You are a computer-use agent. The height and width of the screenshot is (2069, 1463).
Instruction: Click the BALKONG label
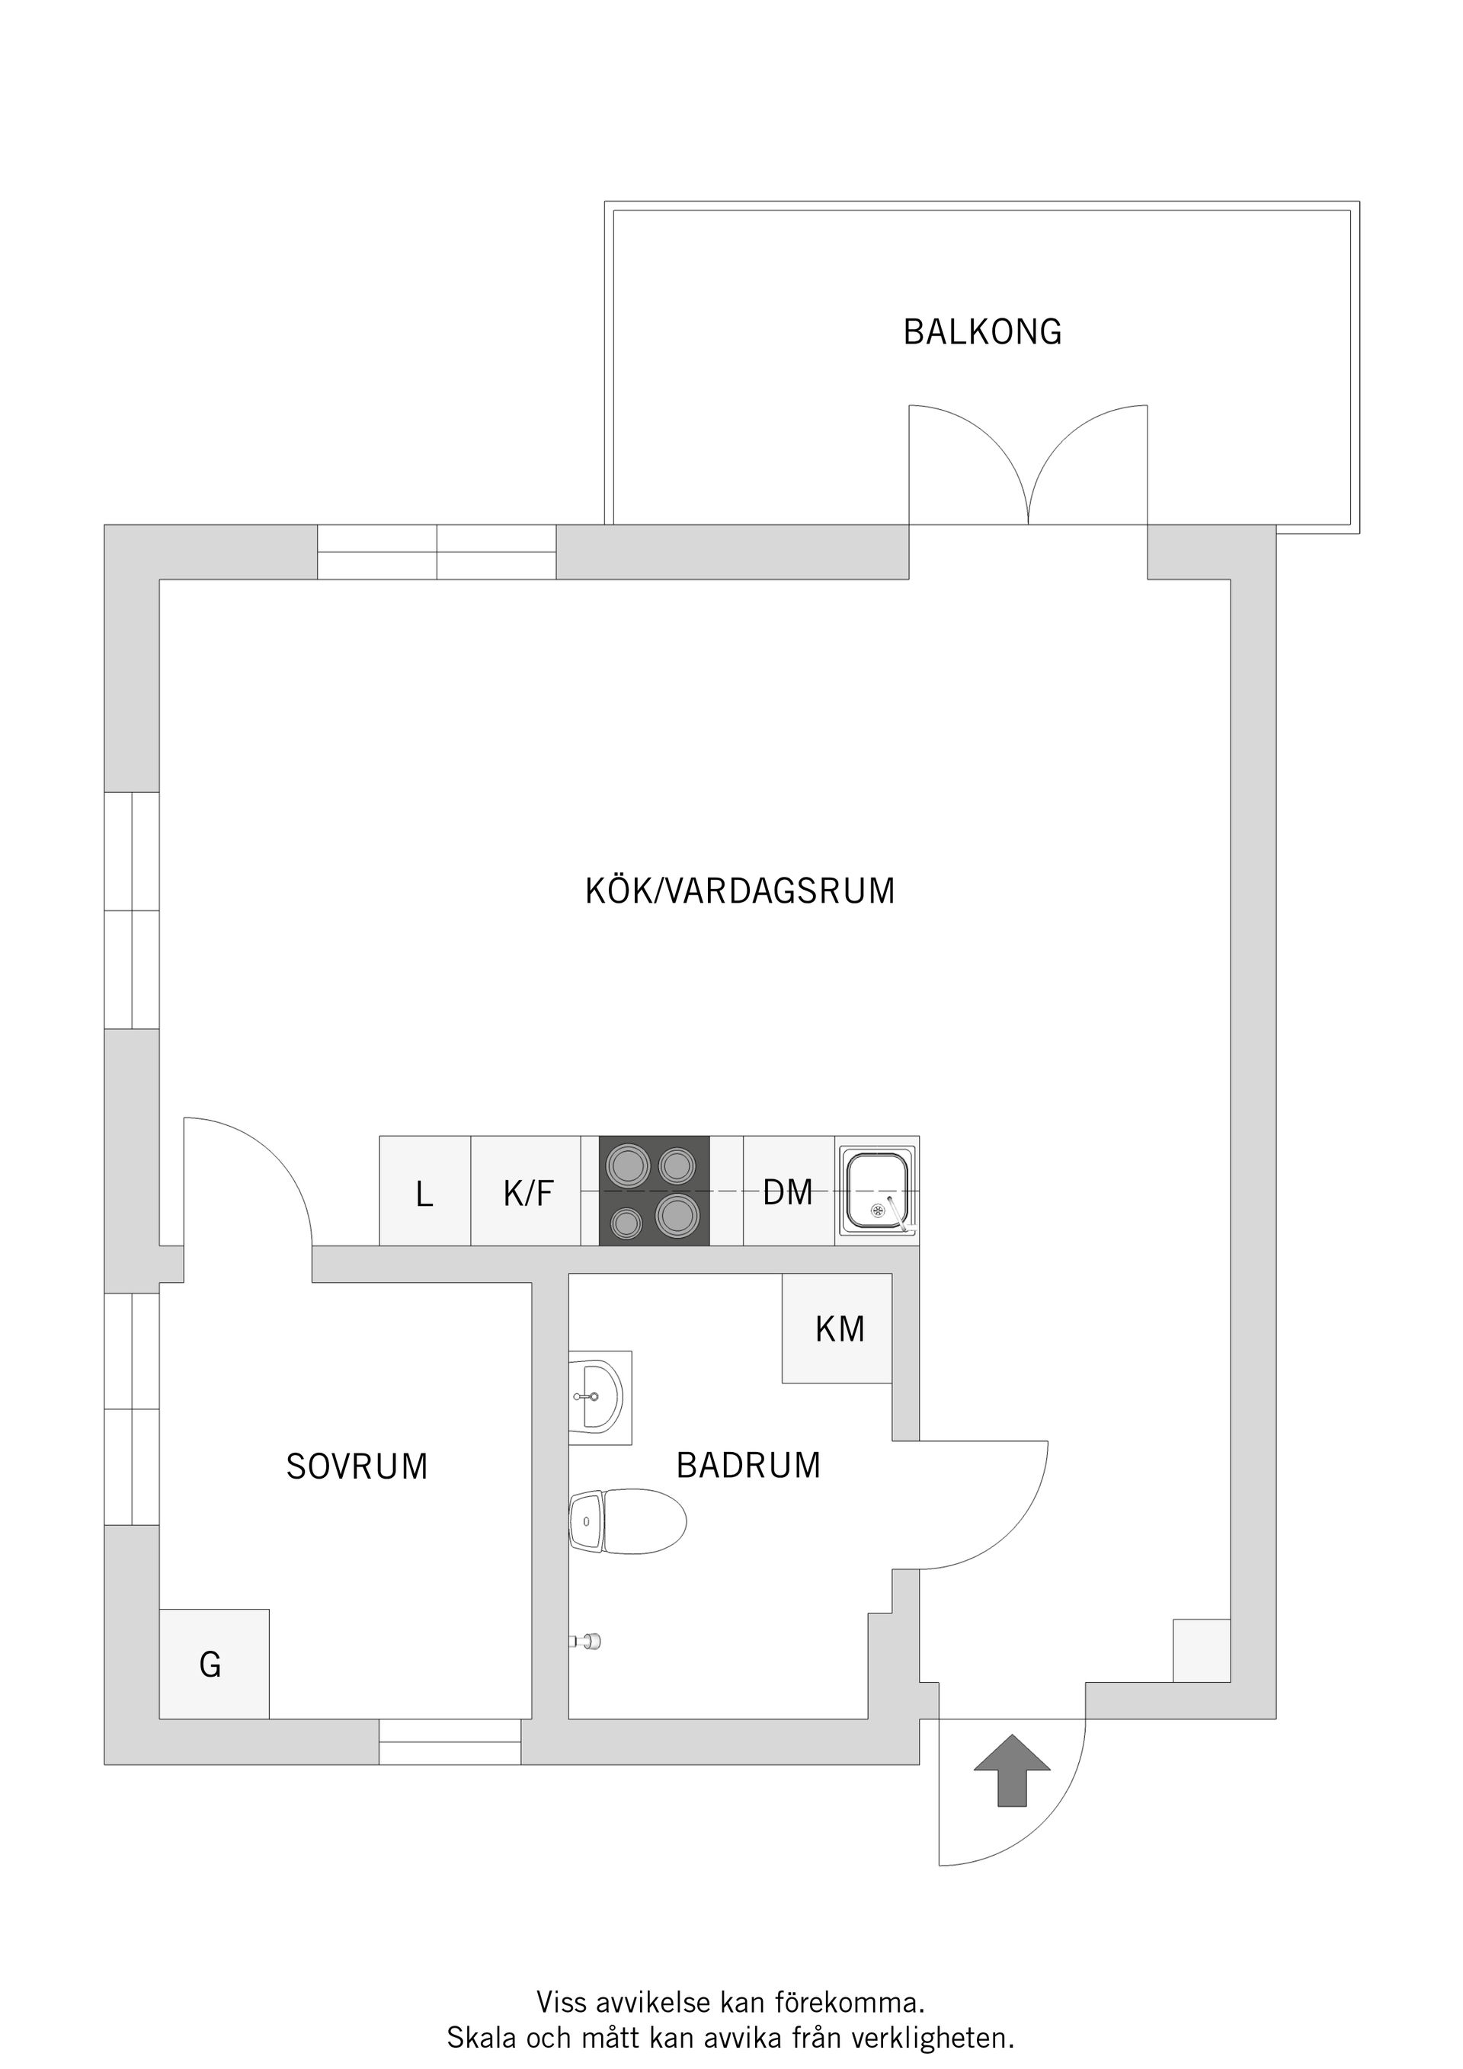tap(981, 332)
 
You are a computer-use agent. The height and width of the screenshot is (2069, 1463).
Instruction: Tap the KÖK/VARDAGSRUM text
tap(739, 891)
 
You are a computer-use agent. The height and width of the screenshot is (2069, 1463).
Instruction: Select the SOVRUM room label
tap(357, 1467)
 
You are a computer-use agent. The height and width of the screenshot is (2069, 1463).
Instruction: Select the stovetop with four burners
tap(654, 1191)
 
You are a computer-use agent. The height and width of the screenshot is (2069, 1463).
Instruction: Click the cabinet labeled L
tap(424, 1191)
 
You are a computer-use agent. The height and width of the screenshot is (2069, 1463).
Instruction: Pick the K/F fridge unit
tap(527, 1191)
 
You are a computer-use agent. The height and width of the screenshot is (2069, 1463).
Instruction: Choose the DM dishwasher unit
tap(789, 1191)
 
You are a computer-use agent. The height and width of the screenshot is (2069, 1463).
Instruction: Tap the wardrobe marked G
tap(213, 1664)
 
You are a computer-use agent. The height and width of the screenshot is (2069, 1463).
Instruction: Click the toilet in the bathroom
tap(629, 1522)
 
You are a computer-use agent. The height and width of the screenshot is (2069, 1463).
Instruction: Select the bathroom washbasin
tap(597, 1397)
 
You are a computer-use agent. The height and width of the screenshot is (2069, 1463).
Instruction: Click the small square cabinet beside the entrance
tap(1201, 1650)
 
